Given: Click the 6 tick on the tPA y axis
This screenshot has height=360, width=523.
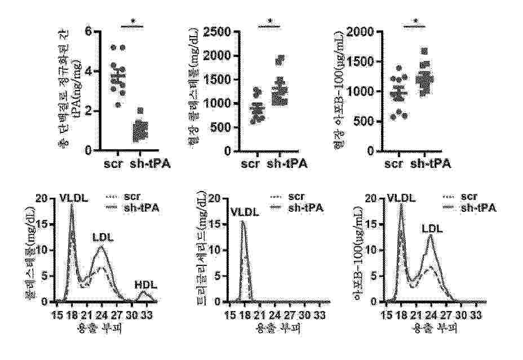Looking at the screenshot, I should pos(87,32).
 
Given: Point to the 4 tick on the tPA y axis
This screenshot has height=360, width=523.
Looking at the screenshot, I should pos(87,72).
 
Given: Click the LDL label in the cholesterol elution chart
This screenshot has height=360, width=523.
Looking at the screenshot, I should pos(103,238).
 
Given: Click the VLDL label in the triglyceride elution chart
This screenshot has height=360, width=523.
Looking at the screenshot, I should pos(244,213).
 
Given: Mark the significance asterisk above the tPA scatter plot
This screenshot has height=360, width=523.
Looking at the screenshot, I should pos(133,23).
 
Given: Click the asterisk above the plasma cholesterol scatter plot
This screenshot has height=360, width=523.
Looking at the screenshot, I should pos(270,23).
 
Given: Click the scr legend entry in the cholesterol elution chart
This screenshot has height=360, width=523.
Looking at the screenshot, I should pos(141,197).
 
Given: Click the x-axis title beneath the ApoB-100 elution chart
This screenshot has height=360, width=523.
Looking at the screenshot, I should pos(432,327).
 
